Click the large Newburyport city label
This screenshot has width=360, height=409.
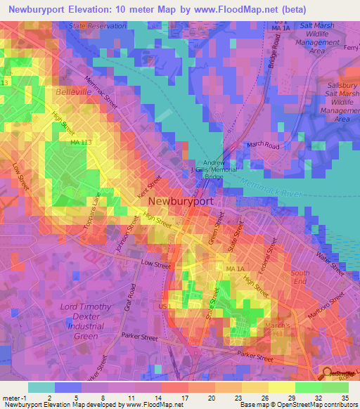pyautogui.click(x=185, y=201)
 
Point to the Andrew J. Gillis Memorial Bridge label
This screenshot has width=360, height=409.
pyautogui.click(x=216, y=169)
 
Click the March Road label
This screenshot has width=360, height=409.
pyautogui.click(x=264, y=145)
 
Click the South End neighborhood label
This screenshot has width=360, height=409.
pyautogui.click(x=300, y=278)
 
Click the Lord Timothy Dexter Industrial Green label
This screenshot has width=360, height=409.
pyautogui.click(x=85, y=320)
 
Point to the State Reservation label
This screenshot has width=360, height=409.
pyautogui.click(x=97, y=26)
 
